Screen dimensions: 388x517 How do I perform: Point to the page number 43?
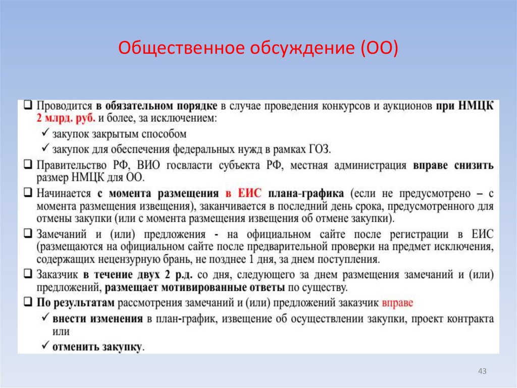(482, 372)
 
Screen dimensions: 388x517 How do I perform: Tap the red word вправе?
(397, 303)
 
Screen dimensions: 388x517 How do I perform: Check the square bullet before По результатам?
(28, 303)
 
